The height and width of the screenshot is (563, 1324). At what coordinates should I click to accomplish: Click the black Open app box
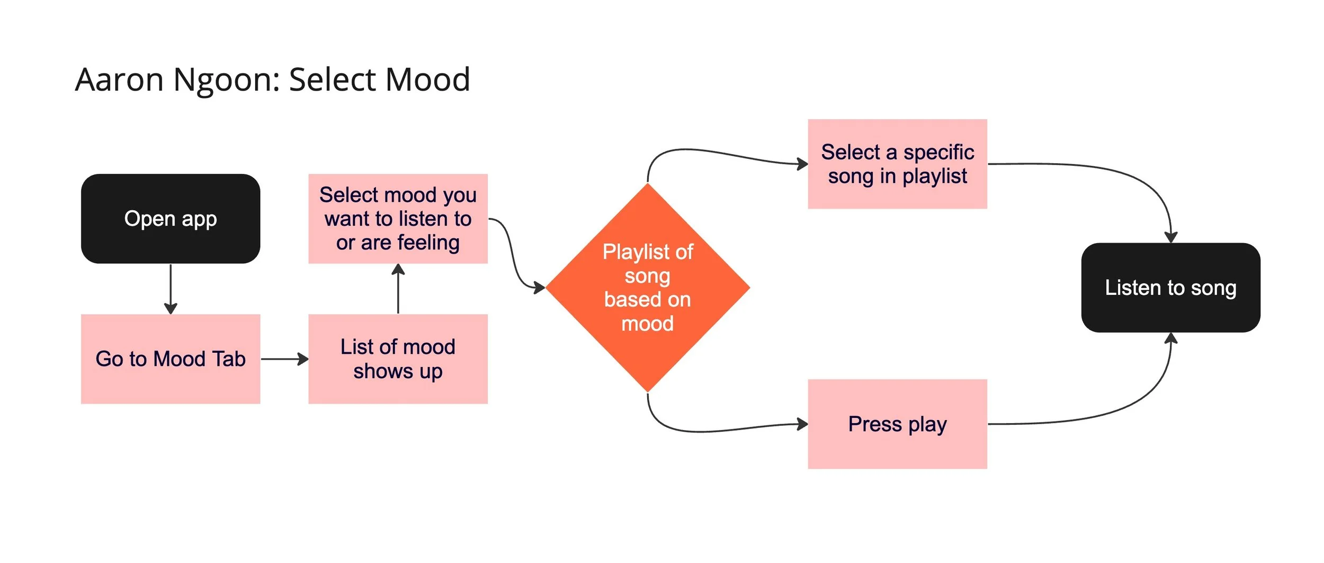[171, 219]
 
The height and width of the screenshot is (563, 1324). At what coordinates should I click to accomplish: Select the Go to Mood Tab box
[171, 359]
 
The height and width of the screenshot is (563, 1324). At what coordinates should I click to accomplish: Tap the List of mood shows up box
[398, 359]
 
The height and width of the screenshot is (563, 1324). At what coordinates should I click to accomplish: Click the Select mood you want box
[398, 219]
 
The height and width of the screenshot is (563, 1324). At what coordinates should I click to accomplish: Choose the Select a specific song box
[897, 164]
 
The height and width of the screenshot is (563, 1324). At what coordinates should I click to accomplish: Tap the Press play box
[897, 424]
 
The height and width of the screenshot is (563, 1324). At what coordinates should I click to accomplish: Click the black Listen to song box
[1170, 288]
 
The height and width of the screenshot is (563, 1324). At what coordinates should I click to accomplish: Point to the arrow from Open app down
[171, 289]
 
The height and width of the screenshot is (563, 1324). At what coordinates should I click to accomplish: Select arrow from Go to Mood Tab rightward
[284, 359]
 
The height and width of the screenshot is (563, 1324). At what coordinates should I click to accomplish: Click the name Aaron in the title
[119, 80]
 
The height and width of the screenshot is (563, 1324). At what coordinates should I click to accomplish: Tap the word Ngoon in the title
[222, 80]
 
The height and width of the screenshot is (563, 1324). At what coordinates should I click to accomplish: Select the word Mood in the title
[427, 80]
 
